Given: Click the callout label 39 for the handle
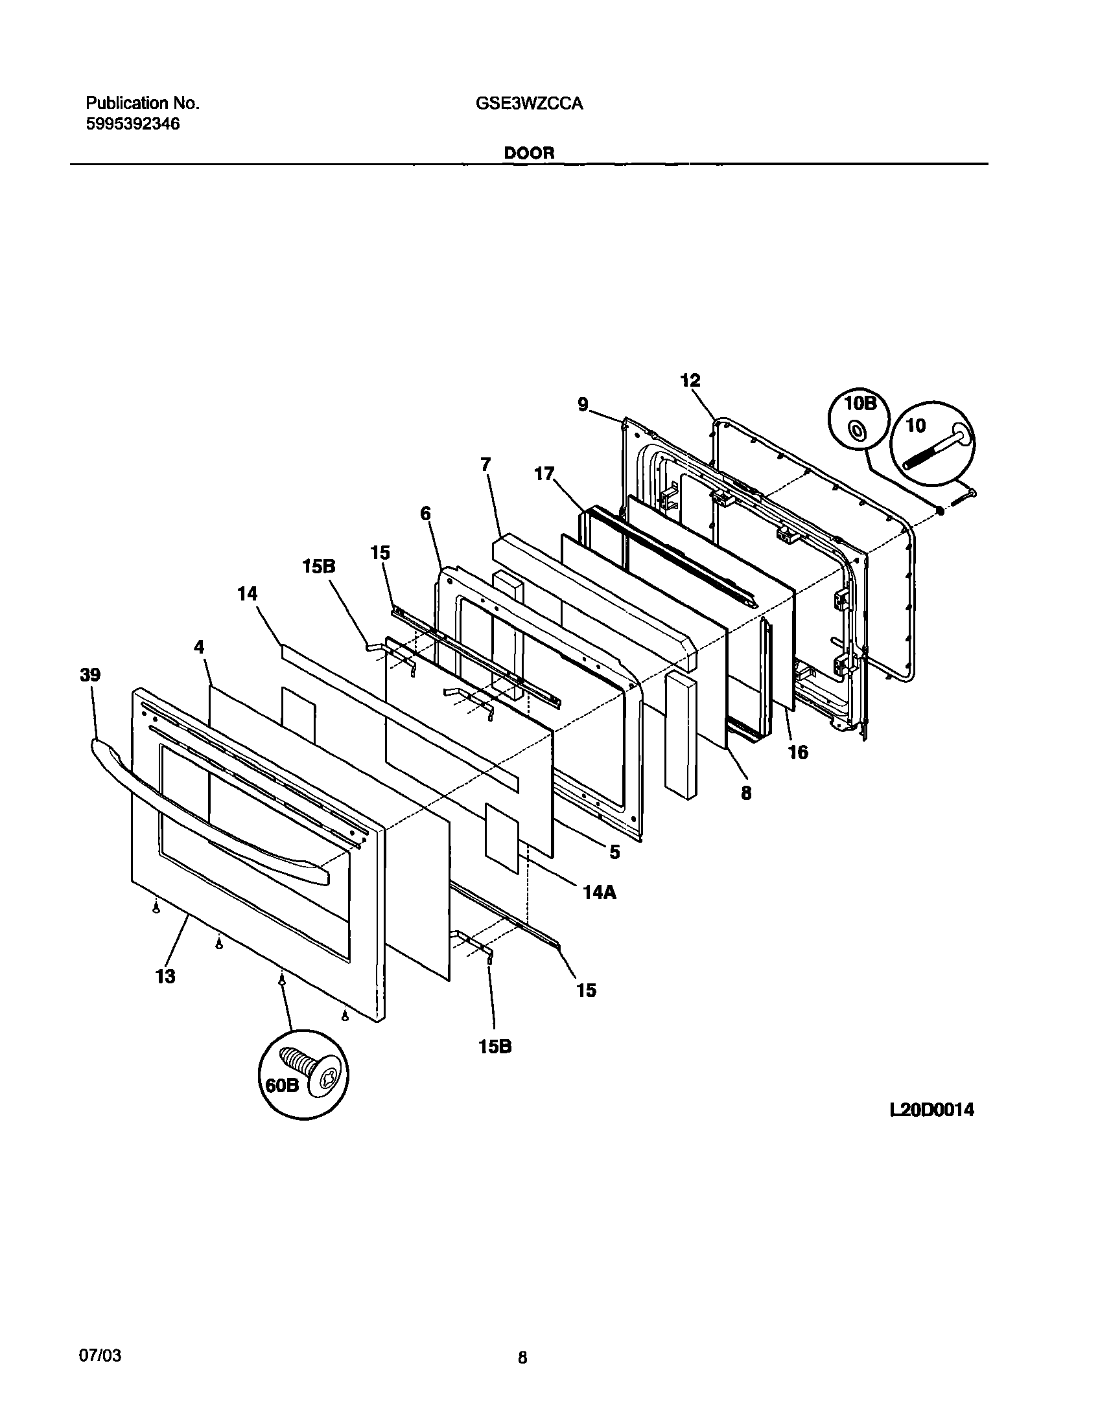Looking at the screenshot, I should point(90,675).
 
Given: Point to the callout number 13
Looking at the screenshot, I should point(165,976).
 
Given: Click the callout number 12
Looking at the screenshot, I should point(690,380).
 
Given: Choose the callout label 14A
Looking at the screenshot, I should point(600,893).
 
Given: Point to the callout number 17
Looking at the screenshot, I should point(544,474).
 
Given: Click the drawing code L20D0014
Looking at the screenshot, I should point(931,1110).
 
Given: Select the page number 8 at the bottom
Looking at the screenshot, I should point(522,1357).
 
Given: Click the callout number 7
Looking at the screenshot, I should point(486,464).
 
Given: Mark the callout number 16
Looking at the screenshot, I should point(798,752).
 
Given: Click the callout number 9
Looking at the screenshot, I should point(583,404).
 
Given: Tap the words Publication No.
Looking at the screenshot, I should point(143,103).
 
